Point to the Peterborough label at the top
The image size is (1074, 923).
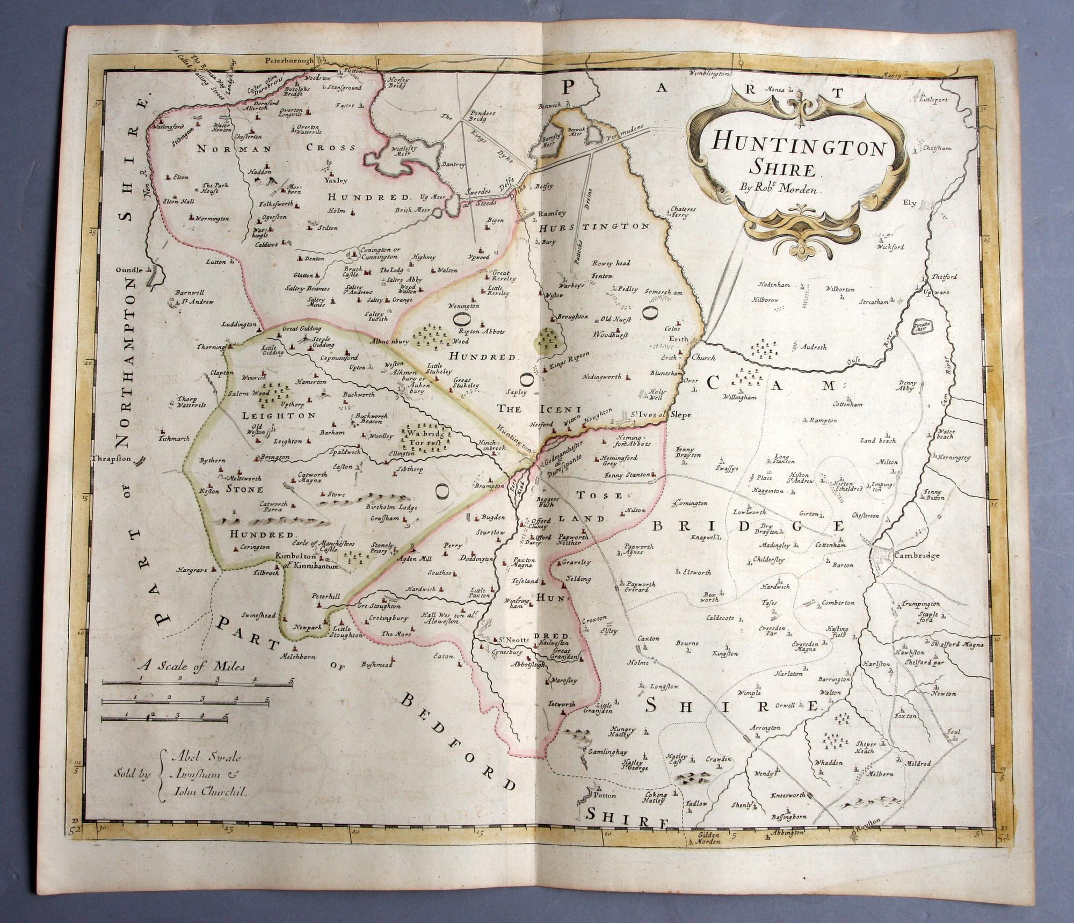[291, 61]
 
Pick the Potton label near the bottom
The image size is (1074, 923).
[605, 795]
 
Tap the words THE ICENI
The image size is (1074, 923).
[528, 409]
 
